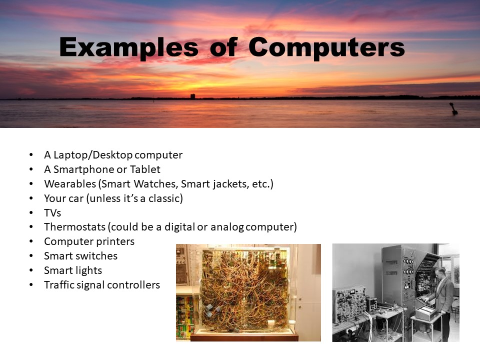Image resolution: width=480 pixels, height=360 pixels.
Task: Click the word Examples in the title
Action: [x=129, y=47]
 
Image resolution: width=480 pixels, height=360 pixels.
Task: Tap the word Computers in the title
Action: [x=326, y=47]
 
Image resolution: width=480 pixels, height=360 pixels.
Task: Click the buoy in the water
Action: [x=453, y=109]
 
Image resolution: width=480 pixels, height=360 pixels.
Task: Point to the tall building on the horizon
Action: [x=193, y=96]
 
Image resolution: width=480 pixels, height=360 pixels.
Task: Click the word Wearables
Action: [x=70, y=183]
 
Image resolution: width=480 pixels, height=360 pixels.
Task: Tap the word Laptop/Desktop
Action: [x=93, y=155]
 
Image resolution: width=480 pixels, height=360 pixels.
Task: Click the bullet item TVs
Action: [x=52, y=213]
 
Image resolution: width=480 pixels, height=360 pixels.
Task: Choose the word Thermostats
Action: [x=74, y=227]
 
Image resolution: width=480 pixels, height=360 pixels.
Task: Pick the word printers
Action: [x=116, y=241]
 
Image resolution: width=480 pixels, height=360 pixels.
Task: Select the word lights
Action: [x=89, y=270]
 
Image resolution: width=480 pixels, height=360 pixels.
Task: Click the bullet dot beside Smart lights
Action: [x=31, y=270]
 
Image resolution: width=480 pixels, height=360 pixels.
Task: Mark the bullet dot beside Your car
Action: [x=31, y=198]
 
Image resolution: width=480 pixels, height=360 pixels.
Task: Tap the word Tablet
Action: [x=145, y=169]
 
